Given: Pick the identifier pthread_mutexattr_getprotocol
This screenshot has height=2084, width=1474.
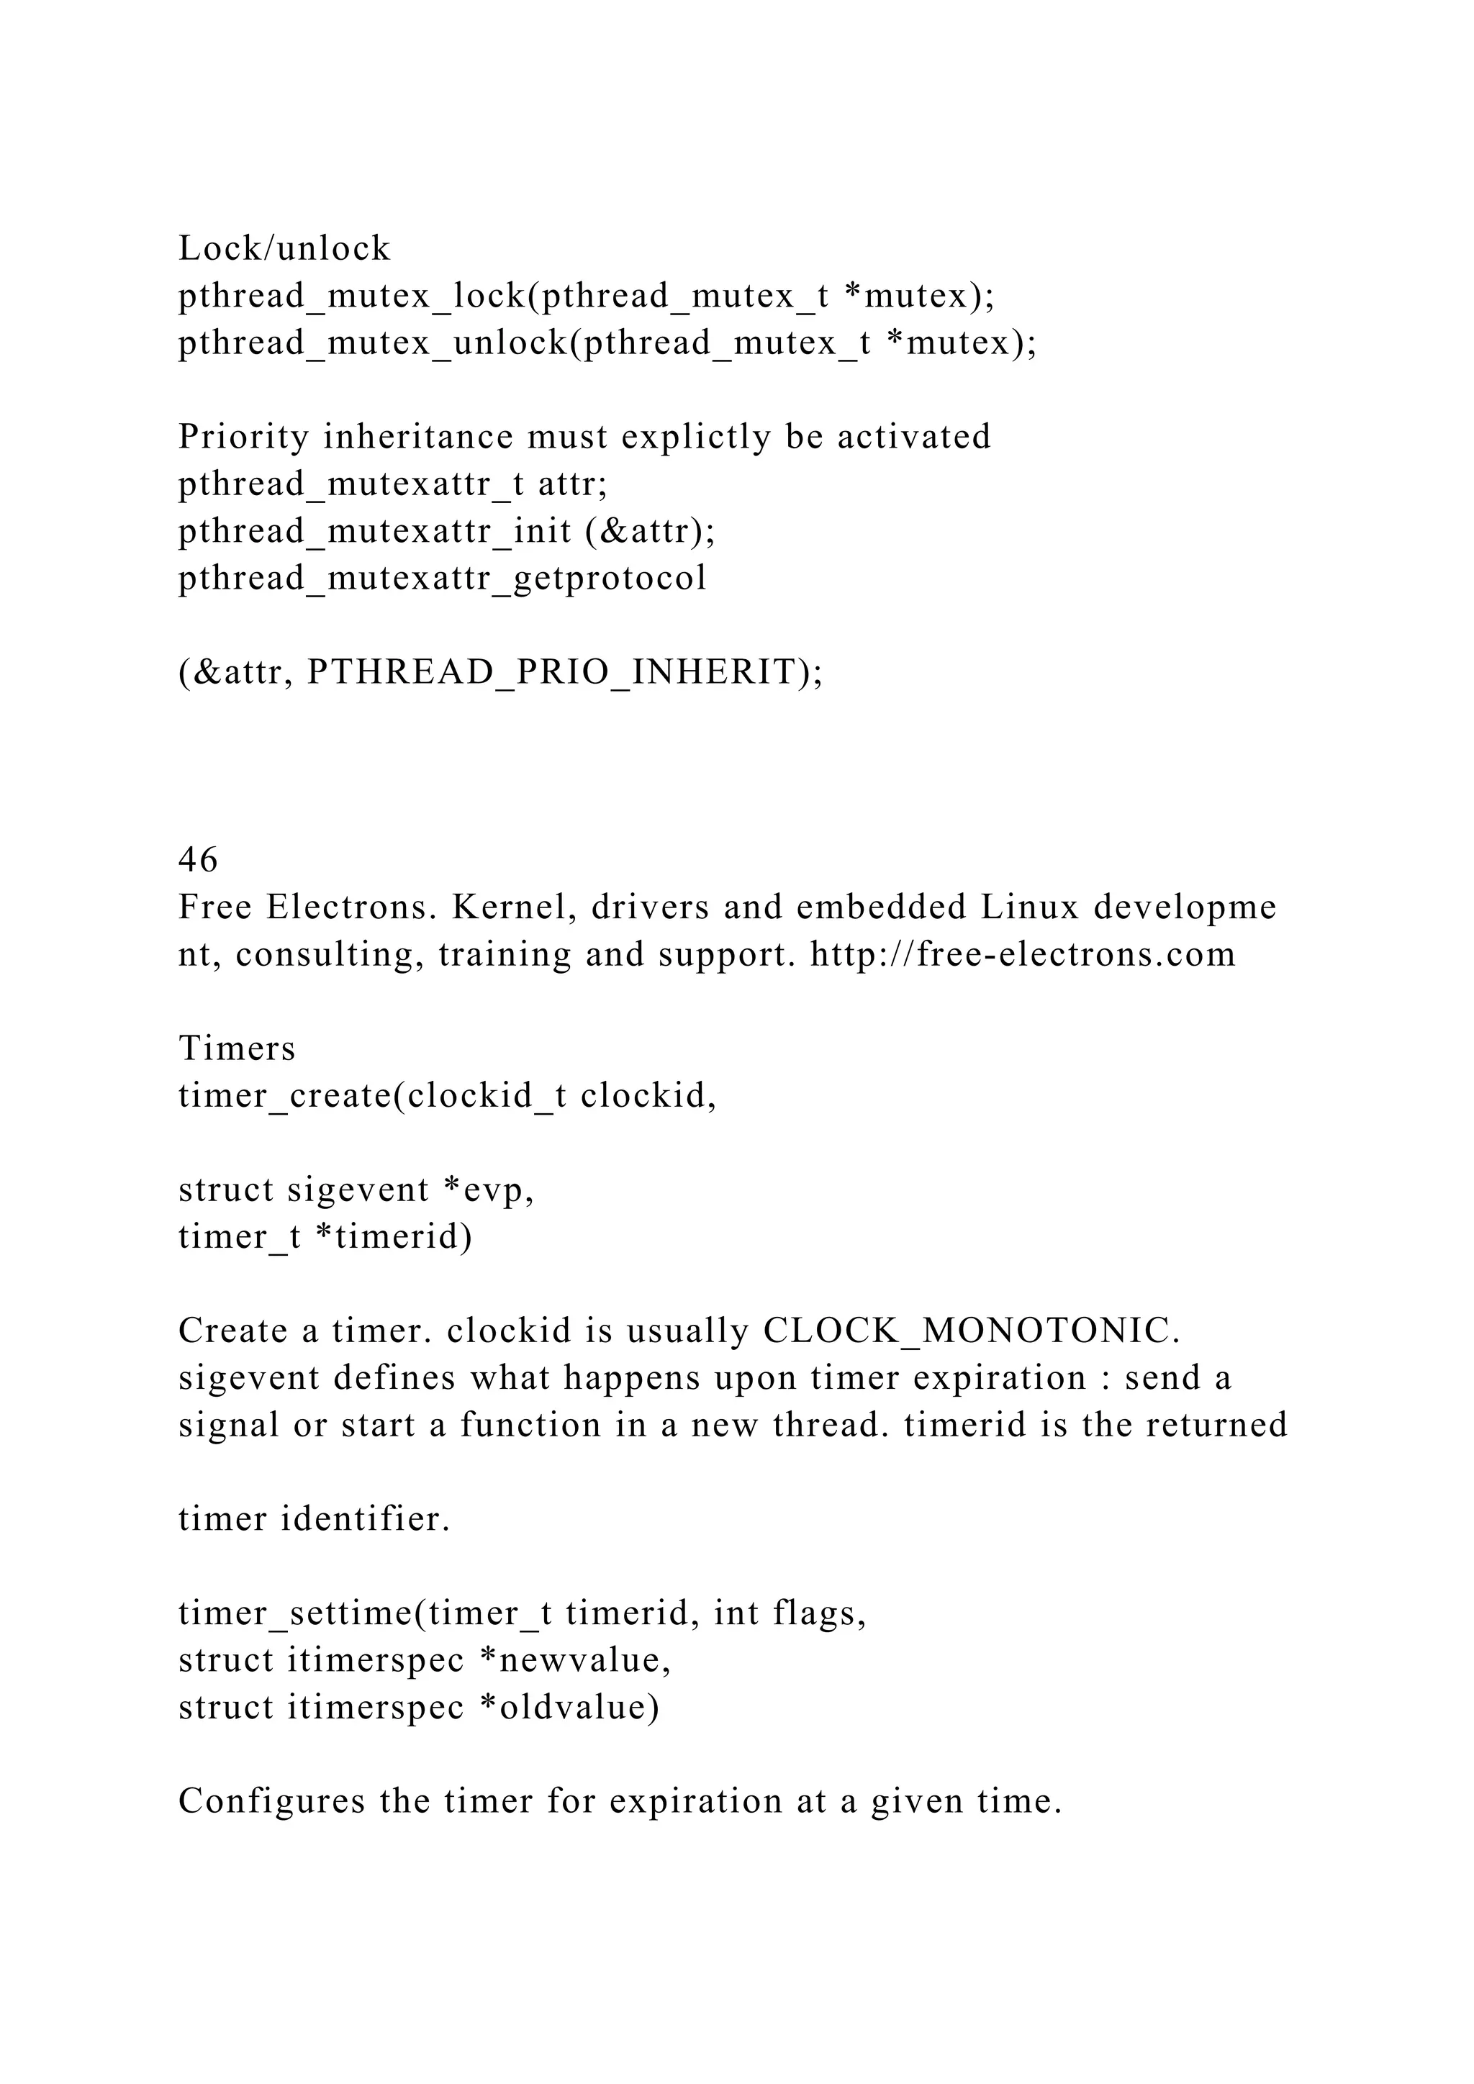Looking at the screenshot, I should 442,578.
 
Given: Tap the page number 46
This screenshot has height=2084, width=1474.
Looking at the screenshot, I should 198,859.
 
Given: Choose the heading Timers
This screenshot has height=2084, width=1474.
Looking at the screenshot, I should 237,1048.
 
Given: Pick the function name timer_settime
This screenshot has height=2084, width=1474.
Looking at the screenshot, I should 296,1613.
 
